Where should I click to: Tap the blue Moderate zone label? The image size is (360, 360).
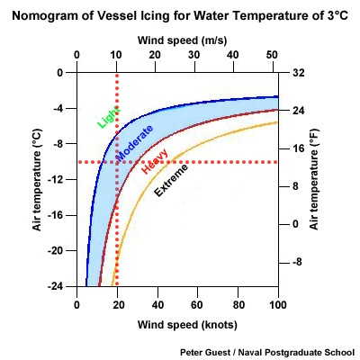[x=134, y=143]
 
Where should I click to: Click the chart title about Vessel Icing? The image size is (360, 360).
[x=179, y=16]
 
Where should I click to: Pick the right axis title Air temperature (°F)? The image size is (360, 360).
[x=314, y=179]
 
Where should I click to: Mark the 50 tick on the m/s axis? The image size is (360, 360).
[x=273, y=57]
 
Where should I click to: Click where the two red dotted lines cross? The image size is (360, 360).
[x=117, y=162]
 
